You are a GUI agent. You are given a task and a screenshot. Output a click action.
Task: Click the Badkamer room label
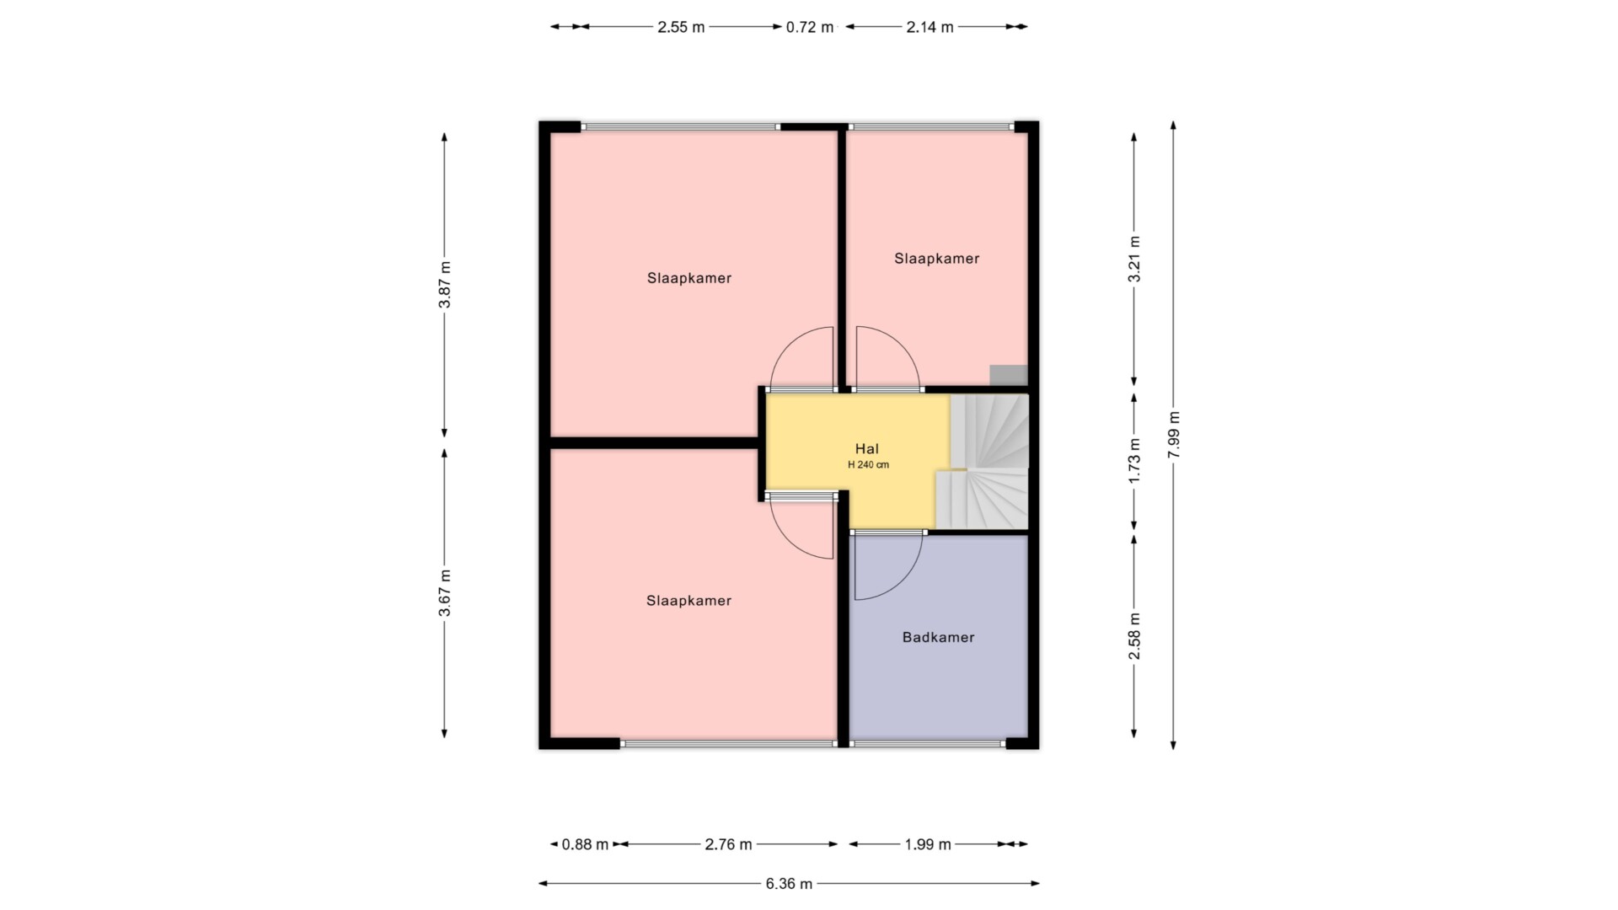938,638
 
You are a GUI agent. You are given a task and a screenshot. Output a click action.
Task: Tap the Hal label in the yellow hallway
867,449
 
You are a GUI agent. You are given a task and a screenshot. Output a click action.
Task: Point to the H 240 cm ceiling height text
868,465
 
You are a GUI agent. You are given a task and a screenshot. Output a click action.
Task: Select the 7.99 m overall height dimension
1174,434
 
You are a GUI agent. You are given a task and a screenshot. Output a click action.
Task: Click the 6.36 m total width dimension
789,884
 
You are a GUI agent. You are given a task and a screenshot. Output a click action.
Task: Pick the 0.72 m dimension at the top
810,27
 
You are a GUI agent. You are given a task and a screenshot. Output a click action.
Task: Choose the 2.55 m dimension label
681,27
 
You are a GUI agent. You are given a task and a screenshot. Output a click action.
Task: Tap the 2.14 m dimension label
930,27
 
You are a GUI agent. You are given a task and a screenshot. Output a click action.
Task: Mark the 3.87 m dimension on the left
444,284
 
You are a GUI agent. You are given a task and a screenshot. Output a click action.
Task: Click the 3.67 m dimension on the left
444,593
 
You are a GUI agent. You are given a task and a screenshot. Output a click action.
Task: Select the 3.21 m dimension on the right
1134,258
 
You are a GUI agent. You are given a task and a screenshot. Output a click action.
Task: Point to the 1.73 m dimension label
1134,460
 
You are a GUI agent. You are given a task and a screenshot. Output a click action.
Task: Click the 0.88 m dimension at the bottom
585,844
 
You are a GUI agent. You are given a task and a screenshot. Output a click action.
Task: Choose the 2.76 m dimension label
728,844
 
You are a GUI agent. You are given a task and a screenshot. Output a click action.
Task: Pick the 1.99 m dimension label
928,844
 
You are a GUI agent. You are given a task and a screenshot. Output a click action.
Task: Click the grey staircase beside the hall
986,462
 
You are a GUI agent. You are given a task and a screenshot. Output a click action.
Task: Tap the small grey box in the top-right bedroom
1009,375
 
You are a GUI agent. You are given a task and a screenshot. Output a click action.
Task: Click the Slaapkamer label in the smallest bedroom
936,259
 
